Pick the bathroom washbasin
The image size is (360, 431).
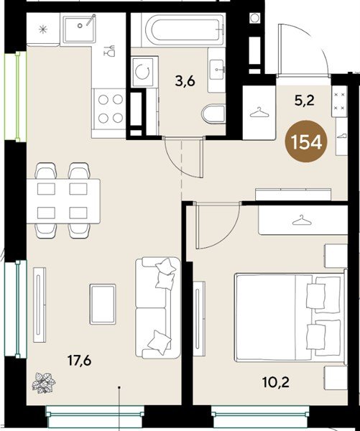pyautogui.click(x=216, y=70)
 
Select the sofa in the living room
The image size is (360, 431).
pyautogui.click(x=158, y=307)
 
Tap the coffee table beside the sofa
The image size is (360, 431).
pyautogui.click(x=103, y=303)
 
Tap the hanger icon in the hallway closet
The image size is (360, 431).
pyautogui.click(x=257, y=112)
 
